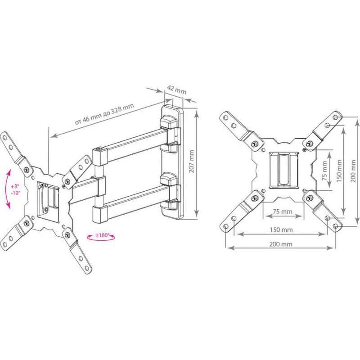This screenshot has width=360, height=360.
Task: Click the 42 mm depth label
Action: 176,90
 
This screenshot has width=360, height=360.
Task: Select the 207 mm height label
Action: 192,161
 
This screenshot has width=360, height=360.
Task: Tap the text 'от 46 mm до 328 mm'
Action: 104,114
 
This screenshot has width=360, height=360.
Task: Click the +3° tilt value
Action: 16,186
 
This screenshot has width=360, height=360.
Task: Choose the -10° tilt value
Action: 16,193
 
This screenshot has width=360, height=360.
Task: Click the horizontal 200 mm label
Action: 281,244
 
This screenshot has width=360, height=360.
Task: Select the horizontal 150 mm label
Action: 281,230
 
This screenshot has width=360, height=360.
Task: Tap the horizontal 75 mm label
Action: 283,211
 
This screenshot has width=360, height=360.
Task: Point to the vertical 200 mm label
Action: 353,171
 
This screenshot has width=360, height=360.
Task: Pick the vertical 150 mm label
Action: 339,171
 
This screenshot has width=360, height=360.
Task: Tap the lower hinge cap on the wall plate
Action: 169,179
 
